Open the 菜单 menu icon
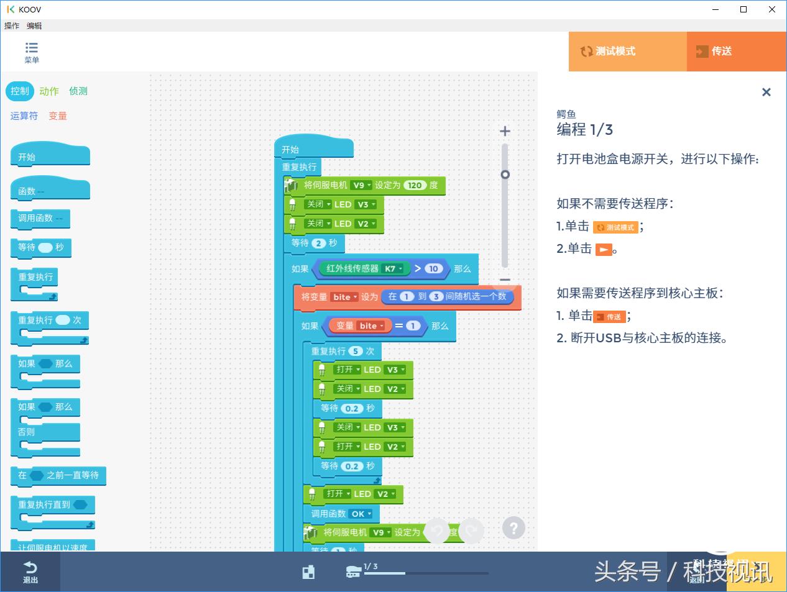(x=32, y=52)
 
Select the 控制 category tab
(x=20, y=91)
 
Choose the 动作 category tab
(x=49, y=91)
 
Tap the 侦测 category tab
(x=78, y=91)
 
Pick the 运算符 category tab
(x=24, y=116)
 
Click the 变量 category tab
(x=58, y=116)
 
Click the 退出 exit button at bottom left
(x=30, y=572)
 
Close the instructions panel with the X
(x=766, y=93)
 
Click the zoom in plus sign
(x=505, y=131)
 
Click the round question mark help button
(x=513, y=529)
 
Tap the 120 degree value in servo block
(x=415, y=185)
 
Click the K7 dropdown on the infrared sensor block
(x=393, y=269)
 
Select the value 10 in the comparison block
(x=433, y=269)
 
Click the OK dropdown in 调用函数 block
(x=361, y=514)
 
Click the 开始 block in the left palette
(x=50, y=157)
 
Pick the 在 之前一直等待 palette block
(x=58, y=475)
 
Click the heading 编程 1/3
(x=584, y=129)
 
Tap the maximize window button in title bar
(x=743, y=9)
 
